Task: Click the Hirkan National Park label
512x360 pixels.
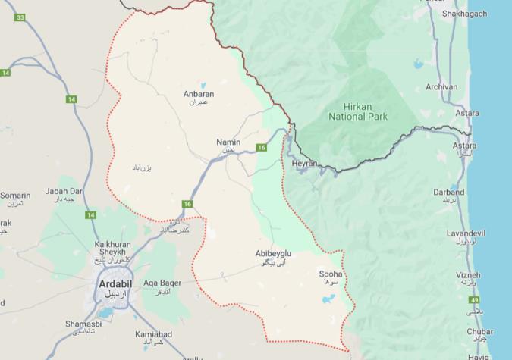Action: (x=358, y=111)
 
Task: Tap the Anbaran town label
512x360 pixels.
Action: (x=199, y=95)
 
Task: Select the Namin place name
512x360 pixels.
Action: (x=228, y=142)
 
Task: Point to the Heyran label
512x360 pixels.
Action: (x=304, y=163)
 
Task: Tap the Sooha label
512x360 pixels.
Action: (x=331, y=274)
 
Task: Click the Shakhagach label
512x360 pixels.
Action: (x=464, y=14)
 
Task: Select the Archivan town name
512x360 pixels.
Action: (x=441, y=87)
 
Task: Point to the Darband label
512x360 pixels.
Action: (x=448, y=193)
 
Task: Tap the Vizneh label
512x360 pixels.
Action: (x=468, y=274)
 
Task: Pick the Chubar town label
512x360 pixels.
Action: (x=480, y=331)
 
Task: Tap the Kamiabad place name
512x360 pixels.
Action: (x=155, y=334)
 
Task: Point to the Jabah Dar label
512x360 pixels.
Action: (x=64, y=191)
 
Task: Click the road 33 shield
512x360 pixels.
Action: (x=20, y=17)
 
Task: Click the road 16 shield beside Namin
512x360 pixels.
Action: (x=261, y=147)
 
